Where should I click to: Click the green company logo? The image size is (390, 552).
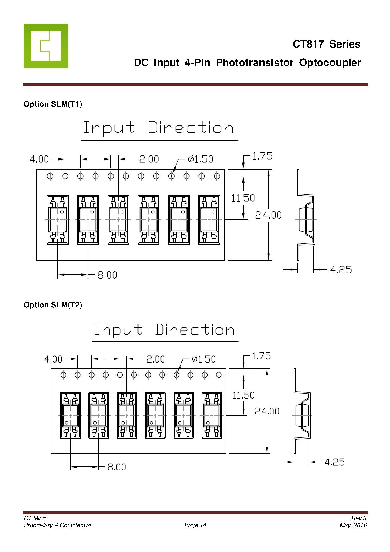46,46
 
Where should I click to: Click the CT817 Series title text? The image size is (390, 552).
326,44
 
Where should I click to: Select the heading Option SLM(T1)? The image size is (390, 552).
53,104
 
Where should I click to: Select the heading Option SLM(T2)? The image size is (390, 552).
53,305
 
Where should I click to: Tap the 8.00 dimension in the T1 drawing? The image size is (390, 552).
107,275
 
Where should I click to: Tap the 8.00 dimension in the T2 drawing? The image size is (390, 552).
117,467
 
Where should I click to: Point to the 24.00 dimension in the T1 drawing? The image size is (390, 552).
268,215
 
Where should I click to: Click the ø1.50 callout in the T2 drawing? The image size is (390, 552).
204,359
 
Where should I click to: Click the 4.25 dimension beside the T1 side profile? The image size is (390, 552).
341,270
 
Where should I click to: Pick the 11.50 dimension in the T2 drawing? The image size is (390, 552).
243,395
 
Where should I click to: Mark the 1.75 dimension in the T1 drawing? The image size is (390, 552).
263,156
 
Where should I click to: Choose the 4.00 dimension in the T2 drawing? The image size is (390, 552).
53,359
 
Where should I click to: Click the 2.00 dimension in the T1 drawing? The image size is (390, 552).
149,159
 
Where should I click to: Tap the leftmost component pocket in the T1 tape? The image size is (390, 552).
58,220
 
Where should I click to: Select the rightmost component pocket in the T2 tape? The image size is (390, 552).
212,415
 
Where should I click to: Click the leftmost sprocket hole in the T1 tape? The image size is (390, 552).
50,176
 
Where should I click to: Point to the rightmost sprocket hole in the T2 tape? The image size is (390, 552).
219,375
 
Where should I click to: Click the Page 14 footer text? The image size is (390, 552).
195,525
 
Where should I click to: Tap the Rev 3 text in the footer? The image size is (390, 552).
359,518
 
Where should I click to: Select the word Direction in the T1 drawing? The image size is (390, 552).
191,128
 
